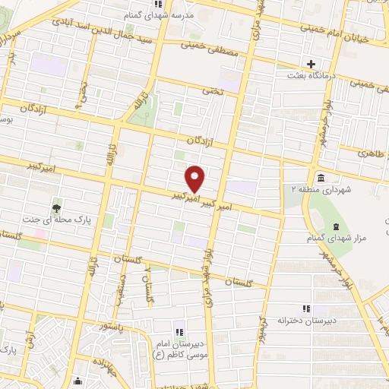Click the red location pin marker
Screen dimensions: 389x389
(x=196, y=179)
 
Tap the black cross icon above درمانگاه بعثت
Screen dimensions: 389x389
(x=310, y=63)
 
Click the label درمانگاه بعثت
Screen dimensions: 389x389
(x=309, y=76)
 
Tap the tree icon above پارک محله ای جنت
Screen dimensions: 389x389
(x=56, y=207)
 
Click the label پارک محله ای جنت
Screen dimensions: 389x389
(x=63, y=219)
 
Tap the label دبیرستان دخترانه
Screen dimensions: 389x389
(x=307, y=321)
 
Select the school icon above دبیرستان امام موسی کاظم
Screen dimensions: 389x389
(x=180, y=331)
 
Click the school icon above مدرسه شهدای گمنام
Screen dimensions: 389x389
(x=135, y=4)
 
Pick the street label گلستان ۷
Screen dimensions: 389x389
(x=150, y=286)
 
